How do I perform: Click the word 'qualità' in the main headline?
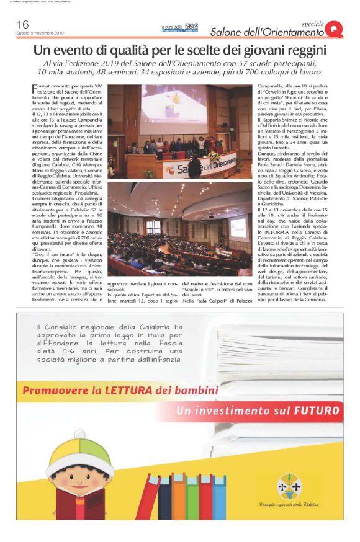click(x=138, y=49)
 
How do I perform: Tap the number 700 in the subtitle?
click(x=254, y=74)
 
